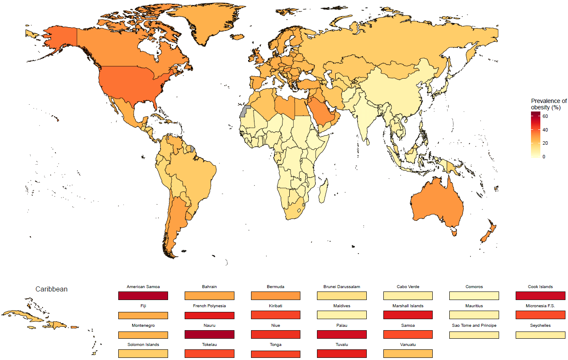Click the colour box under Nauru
(x=209, y=334)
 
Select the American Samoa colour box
(x=143, y=296)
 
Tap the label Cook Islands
(x=540, y=287)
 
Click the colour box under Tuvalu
(x=342, y=354)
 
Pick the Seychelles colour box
(x=540, y=334)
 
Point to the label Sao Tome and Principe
(x=474, y=326)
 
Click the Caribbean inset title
(x=51, y=289)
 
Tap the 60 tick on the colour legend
(x=545, y=116)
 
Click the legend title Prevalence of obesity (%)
(x=548, y=104)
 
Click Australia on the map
(x=436, y=204)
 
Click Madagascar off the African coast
(x=323, y=191)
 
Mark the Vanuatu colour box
(x=408, y=354)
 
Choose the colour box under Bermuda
(x=276, y=296)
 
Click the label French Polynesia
(x=209, y=306)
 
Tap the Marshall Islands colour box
(x=408, y=315)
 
